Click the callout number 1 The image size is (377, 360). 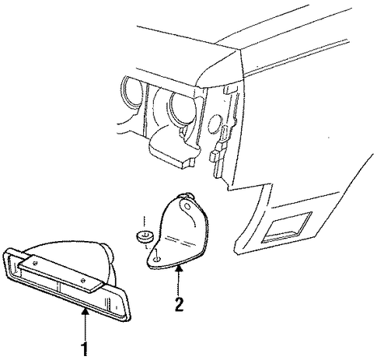click(x=85, y=348)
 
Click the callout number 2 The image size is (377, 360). click(x=179, y=305)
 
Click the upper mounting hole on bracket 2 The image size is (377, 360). click(x=187, y=206)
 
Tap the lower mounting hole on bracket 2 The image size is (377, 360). click(x=157, y=259)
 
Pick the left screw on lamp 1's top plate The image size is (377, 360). click(x=35, y=263)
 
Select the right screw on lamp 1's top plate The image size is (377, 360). click(x=83, y=280)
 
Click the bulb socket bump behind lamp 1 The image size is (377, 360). click(x=108, y=252)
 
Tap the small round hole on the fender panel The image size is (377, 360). click(x=215, y=124)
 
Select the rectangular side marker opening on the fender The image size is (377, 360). click(x=286, y=228)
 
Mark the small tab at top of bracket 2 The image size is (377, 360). click(x=188, y=195)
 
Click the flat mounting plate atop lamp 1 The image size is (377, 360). click(x=61, y=274)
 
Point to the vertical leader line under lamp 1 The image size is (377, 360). click(x=85, y=326)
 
